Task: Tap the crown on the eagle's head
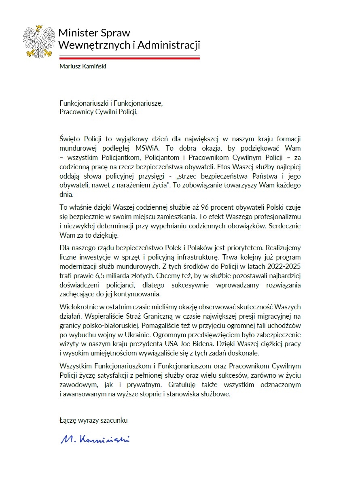click(39, 28)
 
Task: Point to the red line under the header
click(129, 58)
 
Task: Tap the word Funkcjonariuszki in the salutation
click(83, 103)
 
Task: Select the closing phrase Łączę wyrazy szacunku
click(93, 421)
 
